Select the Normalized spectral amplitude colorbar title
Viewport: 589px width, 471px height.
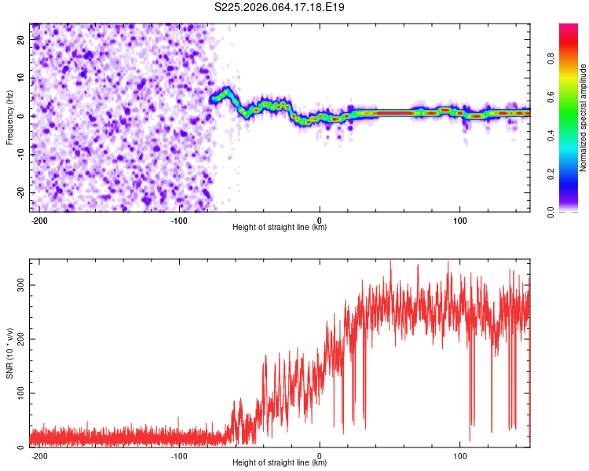(x=584, y=118)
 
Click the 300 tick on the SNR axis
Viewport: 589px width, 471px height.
(x=20, y=285)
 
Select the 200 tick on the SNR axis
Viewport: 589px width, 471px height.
(x=20, y=339)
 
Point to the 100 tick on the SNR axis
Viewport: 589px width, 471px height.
(x=20, y=393)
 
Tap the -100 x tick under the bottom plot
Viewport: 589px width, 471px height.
(x=179, y=455)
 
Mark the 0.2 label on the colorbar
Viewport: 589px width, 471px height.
(x=572, y=173)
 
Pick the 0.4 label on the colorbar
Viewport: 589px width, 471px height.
(x=572, y=135)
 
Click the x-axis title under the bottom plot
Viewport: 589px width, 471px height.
(x=280, y=463)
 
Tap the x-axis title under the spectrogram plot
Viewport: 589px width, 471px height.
(x=280, y=228)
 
